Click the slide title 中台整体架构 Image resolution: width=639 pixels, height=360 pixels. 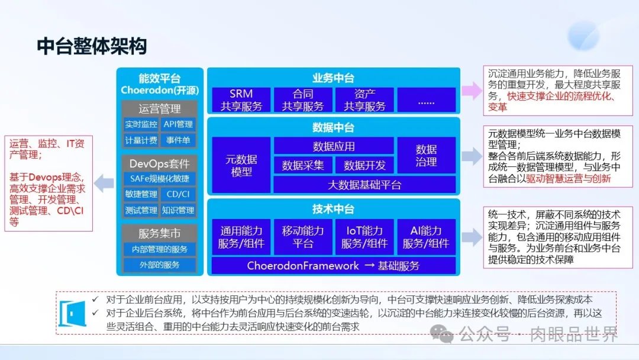tap(92, 46)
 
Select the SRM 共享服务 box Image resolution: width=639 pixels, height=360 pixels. tap(241, 100)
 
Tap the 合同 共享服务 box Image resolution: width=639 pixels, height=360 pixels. tap(303, 100)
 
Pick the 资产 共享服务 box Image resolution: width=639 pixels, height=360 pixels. tap(364, 100)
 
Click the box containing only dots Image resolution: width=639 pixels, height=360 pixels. tap(426, 100)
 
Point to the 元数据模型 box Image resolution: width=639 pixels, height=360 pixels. tap(241, 165)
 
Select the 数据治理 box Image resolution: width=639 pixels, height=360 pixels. tap(426, 155)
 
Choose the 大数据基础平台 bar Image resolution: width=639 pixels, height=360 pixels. tap(364, 185)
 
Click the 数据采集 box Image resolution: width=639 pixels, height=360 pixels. tap(303, 165)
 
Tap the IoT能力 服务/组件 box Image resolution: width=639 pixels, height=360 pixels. tap(364, 237)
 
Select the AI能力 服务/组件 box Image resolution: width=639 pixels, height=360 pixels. tap(426, 237)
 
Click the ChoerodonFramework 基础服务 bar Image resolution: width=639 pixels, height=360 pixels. tap(333, 266)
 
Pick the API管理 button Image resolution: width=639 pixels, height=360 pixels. tap(178, 124)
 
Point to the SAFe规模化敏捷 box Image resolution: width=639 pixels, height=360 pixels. tap(160, 179)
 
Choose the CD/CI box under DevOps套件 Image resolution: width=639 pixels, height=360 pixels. tap(178, 194)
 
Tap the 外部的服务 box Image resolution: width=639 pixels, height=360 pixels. tap(160, 265)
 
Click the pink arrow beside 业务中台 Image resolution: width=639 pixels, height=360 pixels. tap(472, 90)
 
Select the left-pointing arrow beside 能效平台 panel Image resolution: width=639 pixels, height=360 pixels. tap(104, 184)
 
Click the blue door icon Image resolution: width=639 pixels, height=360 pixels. tap(72, 314)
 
